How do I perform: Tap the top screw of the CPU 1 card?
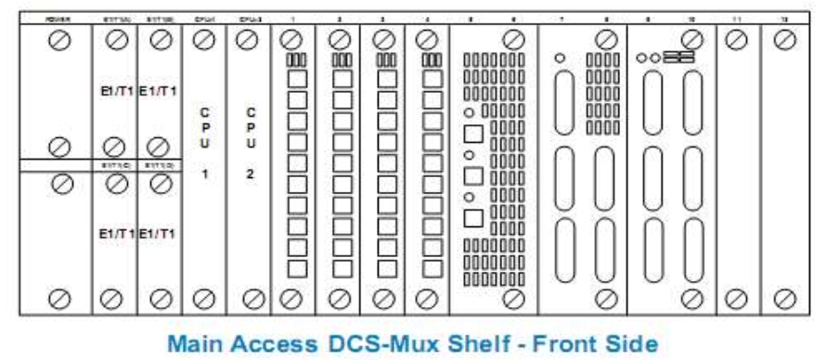coord(205,40)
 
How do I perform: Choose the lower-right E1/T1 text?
coord(160,236)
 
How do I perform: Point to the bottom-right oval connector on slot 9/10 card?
coord(688,248)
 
